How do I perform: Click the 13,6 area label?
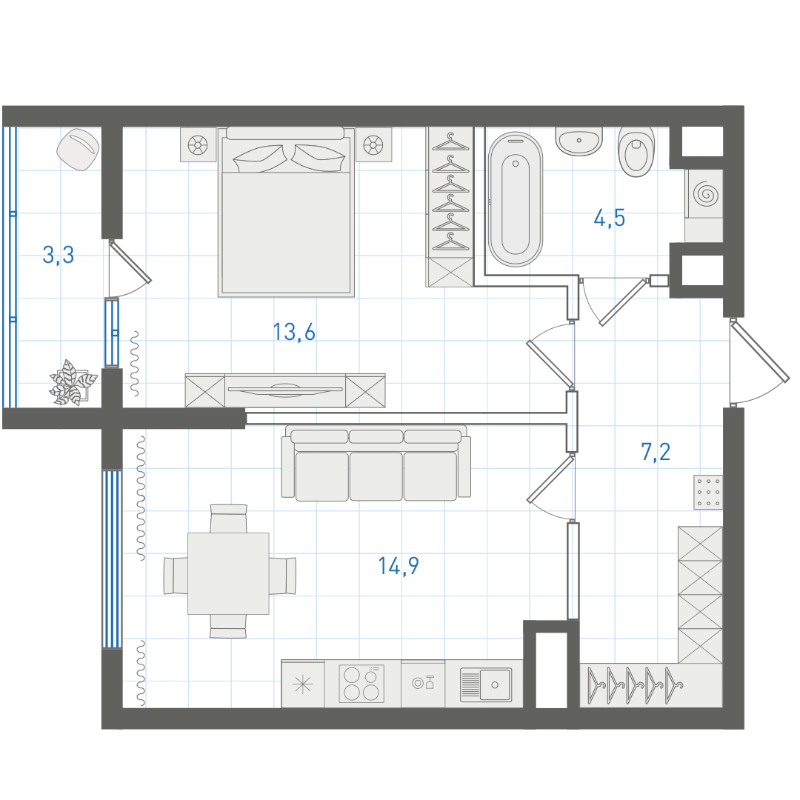[x=294, y=332]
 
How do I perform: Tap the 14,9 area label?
[x=399, y=566]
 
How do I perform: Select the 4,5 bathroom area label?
[x=609, y=218]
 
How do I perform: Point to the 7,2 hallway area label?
[x=656, y=452]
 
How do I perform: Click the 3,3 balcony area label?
[x=59, y=255]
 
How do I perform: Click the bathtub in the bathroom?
[x=516, y=199]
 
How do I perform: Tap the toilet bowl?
[x=636, y=152]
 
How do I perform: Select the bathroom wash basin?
[x=579, y=141]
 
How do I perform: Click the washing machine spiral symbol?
[x=706, y=194]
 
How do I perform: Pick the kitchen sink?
[x=485, y=684]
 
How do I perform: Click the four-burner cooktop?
[x=361, y=684]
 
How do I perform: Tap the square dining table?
[x=228, y=573]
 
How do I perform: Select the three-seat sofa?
[x=376, y=463]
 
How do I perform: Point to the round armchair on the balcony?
[x=78, y=150]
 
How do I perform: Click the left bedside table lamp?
[x=198, y=145]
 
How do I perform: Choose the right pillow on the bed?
[x=318, y=157]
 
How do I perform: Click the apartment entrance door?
[x=759, y=350]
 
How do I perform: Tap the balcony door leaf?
[x=130, y=262]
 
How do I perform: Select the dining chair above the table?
[x=229, y=519]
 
